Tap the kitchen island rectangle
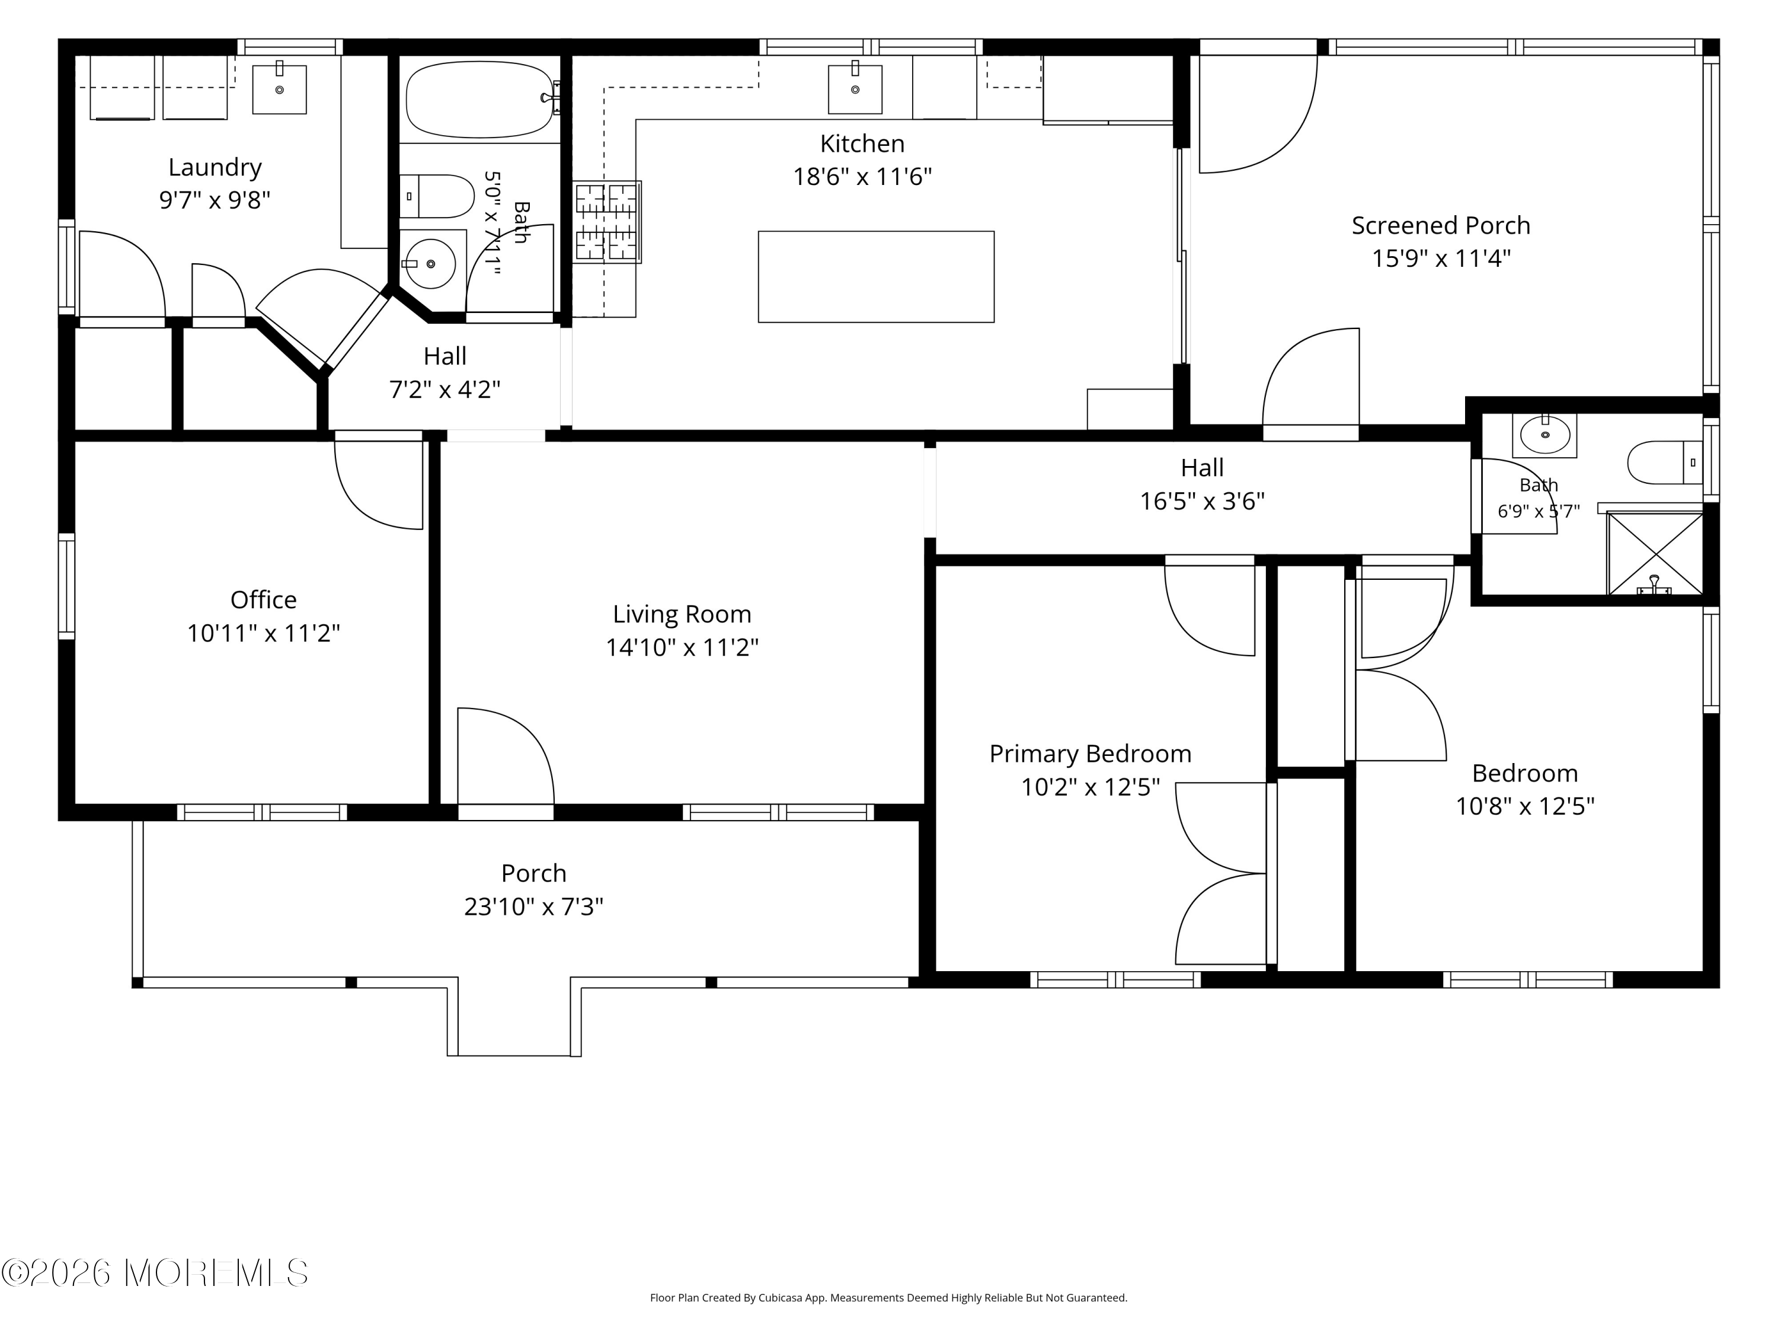tap(876, 277)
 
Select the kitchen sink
tap(855, 88)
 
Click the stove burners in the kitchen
tap(607, 222)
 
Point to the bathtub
tap(481, 100)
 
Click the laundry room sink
tap(280, 88)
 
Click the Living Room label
tap(682, 614)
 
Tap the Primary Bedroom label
tap(1090, 754)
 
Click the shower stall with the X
tap(1654, 554)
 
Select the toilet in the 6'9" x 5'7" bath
tap(1665, 462)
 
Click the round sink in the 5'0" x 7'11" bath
tap(431, 263)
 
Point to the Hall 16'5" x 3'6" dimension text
tap(1202, 501)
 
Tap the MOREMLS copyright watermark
tap(154, 1273)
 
